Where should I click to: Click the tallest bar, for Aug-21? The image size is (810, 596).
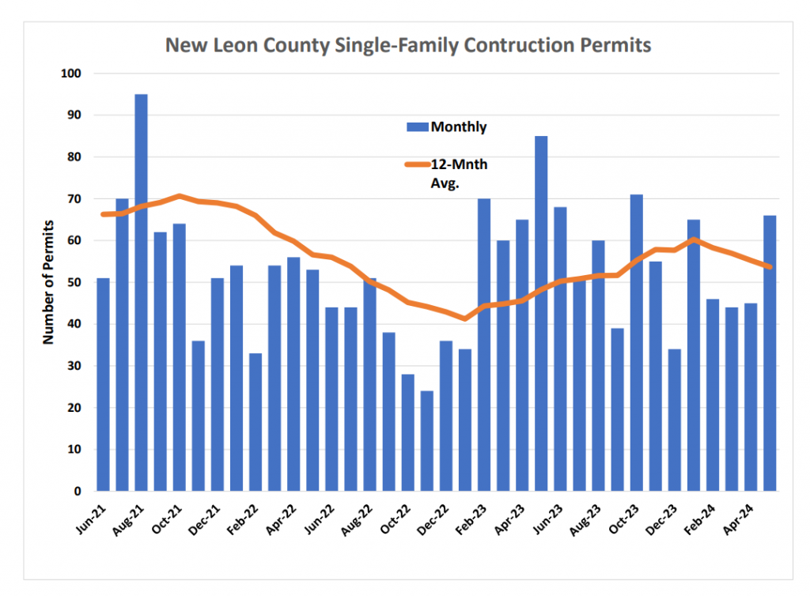(x=141, y=292)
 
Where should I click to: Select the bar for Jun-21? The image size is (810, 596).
(x=104, y=384)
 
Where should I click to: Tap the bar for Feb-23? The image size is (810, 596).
(x=484, y=345)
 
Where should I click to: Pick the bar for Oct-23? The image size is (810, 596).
(x=637, y=342)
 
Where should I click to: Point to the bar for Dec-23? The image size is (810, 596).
(x=675, y=420)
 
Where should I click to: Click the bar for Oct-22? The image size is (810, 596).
(x=408, y=432)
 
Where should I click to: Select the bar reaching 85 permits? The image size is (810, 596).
(x=541, y=313)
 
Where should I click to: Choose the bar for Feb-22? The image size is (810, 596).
(x=255, y=422)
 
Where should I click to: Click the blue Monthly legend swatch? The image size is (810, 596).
(x=418, y=127)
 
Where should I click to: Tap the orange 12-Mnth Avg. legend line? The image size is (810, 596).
(x=418, y=164)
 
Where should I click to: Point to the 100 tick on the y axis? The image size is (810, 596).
(x=70, y=74)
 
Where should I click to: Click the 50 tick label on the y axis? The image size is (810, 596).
(x=74, y=282)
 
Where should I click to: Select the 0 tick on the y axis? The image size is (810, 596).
(x=78, y=491)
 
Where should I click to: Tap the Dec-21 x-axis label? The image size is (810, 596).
(x=204, y=519)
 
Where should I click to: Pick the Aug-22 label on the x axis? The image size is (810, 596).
(x=357, y=519)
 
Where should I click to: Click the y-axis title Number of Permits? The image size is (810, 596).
(x=48, y=282)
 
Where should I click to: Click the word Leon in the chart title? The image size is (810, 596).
(x=236, y=45)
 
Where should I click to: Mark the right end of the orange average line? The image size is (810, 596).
(x=770, y=267)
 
